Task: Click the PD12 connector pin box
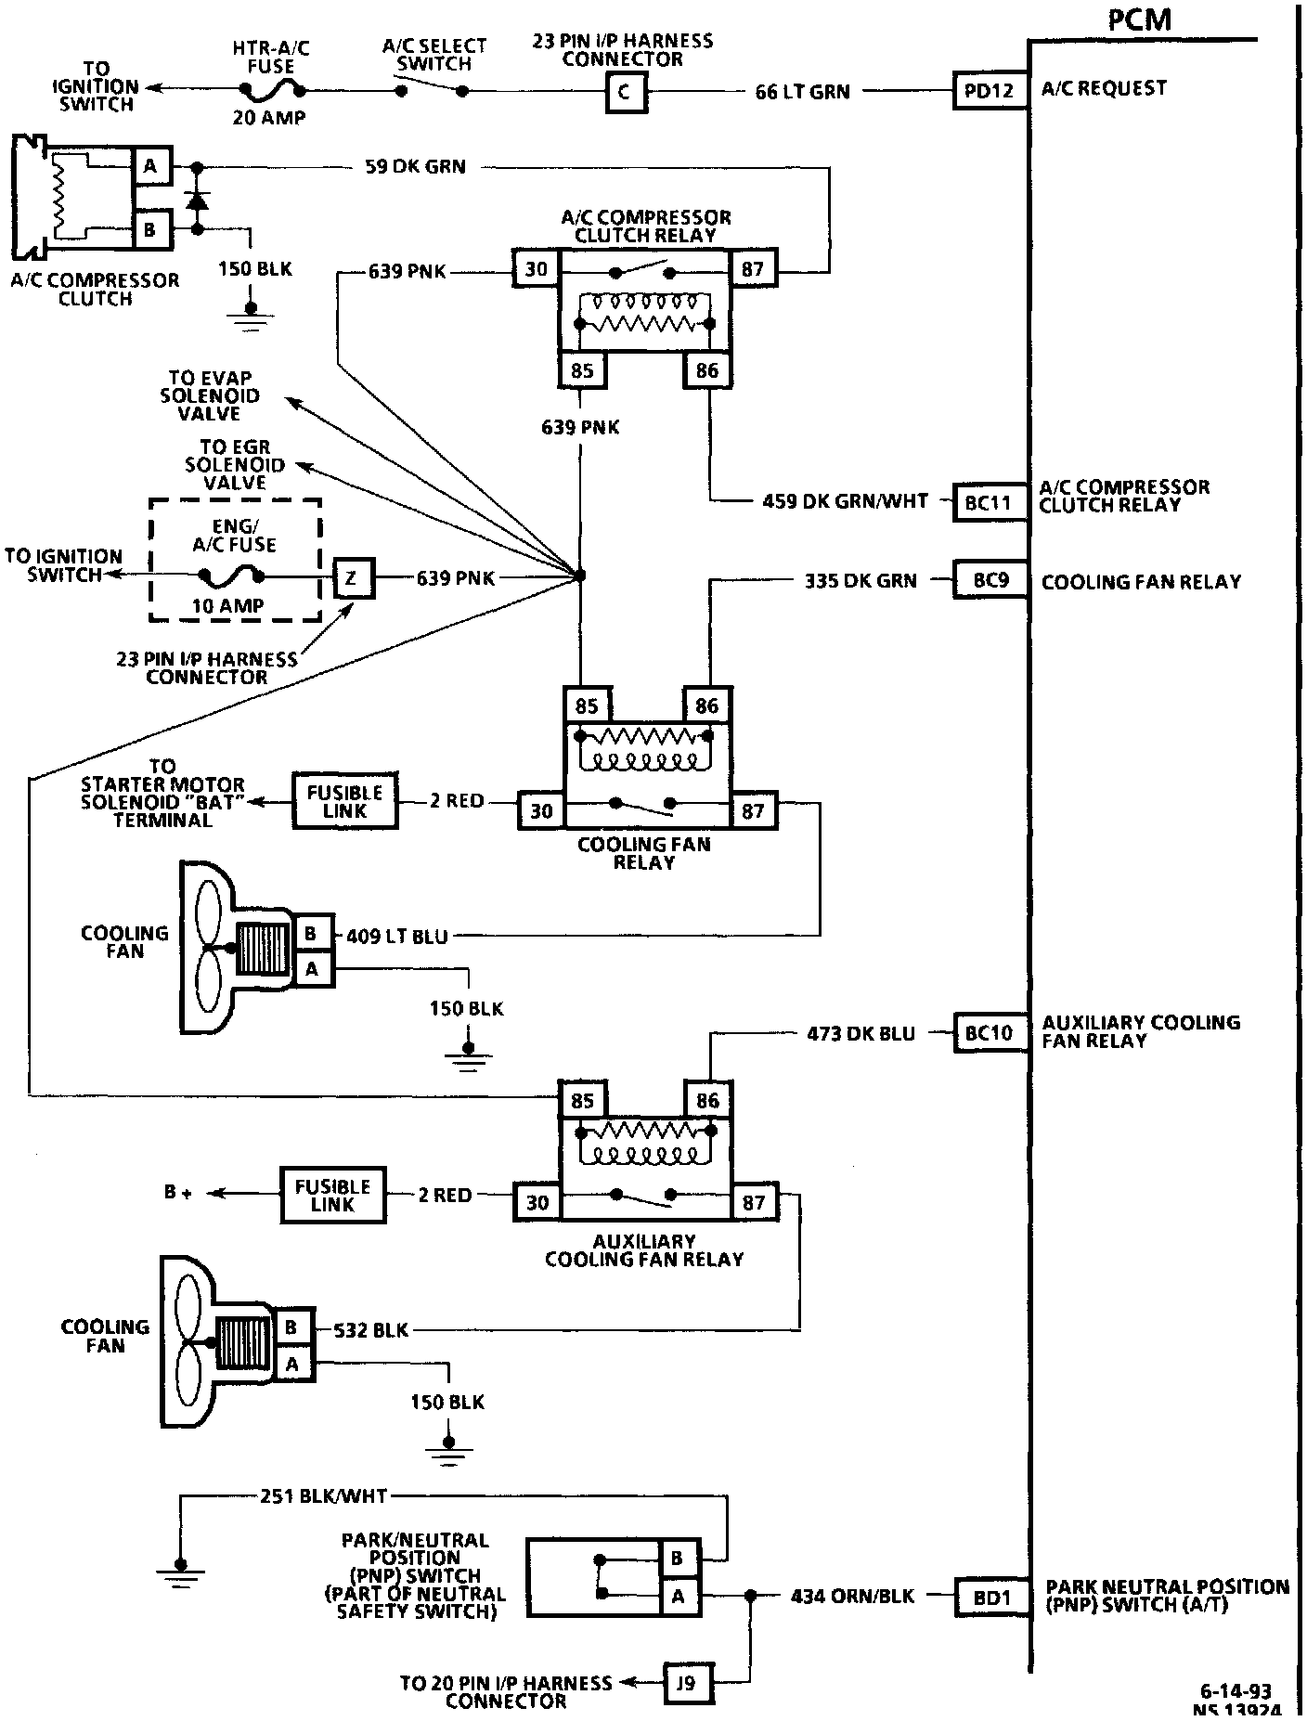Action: (990, 91)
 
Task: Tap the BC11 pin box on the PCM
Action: (990, 502)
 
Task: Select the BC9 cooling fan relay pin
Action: (990, 580)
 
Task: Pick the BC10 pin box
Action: (990, 1032)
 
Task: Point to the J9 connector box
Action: (684, 1683)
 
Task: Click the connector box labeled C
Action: (627, 92)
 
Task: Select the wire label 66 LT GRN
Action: (802, 92)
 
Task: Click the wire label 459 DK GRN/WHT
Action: (845, 501)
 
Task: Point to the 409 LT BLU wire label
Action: (397, 937)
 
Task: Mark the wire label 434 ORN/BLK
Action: (852, 1597)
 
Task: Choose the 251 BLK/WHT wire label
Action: (324, 1495)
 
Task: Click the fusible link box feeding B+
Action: (332, 1195)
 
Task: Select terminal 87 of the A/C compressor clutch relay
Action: (753, 270)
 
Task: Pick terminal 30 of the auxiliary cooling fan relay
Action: (537, 1202)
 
